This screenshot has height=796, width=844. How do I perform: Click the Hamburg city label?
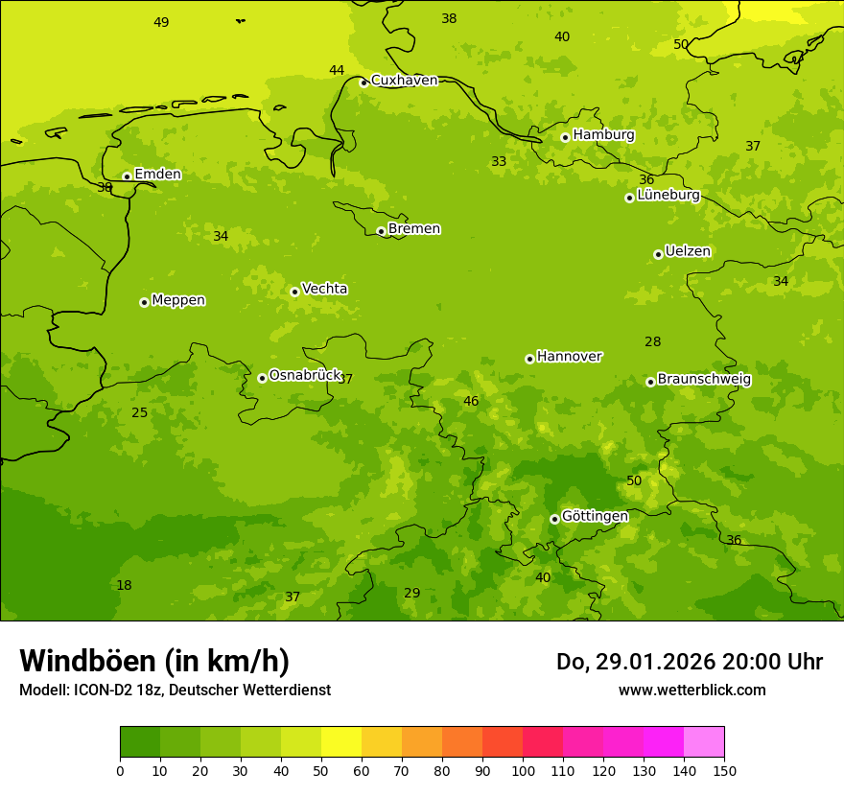coord(603,135)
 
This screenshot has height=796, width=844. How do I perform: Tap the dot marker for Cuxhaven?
coord(363,82)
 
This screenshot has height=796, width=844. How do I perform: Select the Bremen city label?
coord(414,229)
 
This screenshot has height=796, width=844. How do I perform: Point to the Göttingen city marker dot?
coord(554,519)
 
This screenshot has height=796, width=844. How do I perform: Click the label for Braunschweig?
coord(704,380)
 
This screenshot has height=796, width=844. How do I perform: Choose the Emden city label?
coord(157,175)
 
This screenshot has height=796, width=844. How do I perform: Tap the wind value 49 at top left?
coord(161,22)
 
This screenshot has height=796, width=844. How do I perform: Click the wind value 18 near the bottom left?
coord(124,586)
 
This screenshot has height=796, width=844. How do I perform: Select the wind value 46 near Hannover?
coord(471,402)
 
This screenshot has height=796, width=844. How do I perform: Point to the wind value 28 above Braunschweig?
coord(653,342)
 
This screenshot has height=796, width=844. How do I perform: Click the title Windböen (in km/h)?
coord(154,661)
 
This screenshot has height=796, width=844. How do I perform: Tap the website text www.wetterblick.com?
coord(692,691)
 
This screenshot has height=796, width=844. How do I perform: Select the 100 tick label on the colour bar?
coord(523,771)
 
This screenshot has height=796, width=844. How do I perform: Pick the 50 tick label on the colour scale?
coord(321,771)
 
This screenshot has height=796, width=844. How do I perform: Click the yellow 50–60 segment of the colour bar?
coord(341,742)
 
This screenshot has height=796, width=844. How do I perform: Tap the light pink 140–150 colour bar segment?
coord(704,742)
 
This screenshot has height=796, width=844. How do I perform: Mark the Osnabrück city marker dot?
coord(262,378)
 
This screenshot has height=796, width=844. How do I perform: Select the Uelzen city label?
coord(688,252)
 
